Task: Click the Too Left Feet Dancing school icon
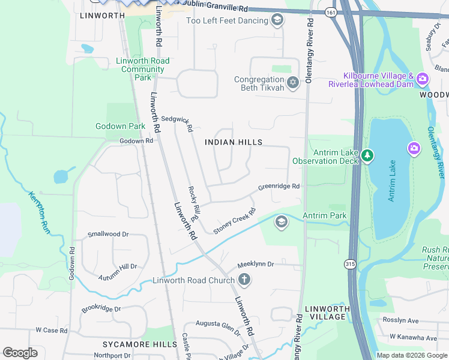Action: pos(277,22)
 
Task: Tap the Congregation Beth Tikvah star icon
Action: pos(292,83)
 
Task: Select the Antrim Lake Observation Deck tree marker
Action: pos(367,157)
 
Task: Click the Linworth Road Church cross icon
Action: pos(244,280)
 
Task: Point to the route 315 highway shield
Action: pos(350,263)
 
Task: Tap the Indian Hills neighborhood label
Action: pos(234,142)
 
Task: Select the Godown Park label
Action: pos(120,126)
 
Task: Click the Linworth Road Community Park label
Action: pos(143,69)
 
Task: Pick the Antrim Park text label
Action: pos(325,215)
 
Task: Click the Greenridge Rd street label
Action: pos(279,187)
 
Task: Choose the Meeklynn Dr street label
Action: pos(255,264)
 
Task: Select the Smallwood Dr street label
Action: pos(108,235)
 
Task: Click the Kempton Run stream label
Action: pos(38,212)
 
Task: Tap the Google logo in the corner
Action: pos(20,352)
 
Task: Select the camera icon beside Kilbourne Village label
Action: pos(422,79)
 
